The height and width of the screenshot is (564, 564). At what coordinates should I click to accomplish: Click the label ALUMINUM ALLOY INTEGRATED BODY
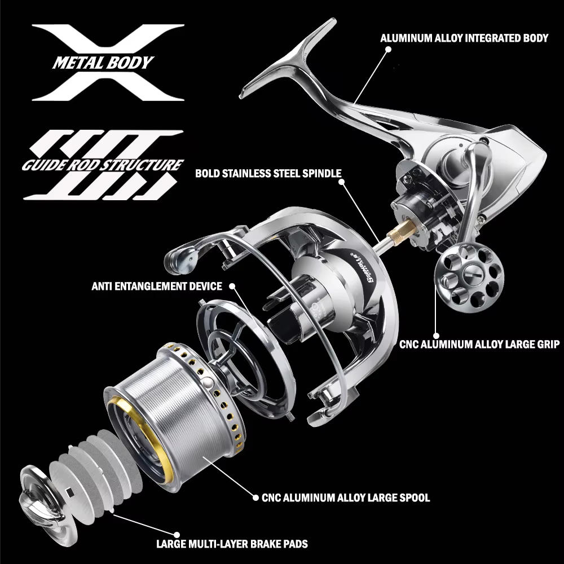(464, 38)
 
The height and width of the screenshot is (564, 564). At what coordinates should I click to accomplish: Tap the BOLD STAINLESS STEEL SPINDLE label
(268, 173)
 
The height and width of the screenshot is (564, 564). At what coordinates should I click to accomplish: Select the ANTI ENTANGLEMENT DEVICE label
(157, 287)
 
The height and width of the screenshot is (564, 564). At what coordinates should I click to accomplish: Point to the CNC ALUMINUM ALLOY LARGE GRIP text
(479, 344)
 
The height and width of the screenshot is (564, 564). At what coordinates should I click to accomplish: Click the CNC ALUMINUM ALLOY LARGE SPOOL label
(346, 498)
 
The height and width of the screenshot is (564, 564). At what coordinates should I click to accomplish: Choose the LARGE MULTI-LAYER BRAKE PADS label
(232, 544)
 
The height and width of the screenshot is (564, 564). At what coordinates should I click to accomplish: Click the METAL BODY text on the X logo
(103, 63)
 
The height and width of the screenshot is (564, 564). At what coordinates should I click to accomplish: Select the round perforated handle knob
(469, 274)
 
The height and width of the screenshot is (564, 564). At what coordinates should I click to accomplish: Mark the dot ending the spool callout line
(255, 498)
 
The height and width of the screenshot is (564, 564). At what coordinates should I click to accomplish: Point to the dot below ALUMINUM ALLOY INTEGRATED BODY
(388, 49)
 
